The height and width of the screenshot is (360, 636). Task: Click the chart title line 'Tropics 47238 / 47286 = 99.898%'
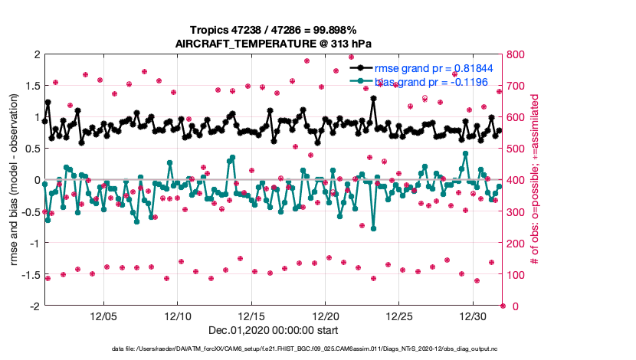(273, 29)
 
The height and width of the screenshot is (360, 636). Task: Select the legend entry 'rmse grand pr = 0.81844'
(438, 68)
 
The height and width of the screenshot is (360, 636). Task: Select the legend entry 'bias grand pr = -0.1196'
(434, 81)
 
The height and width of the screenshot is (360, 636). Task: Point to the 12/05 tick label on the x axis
(103, 316)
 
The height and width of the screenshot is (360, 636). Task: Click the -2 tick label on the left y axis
(34, 306)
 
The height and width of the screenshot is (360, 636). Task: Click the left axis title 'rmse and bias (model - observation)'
(14, 180)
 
